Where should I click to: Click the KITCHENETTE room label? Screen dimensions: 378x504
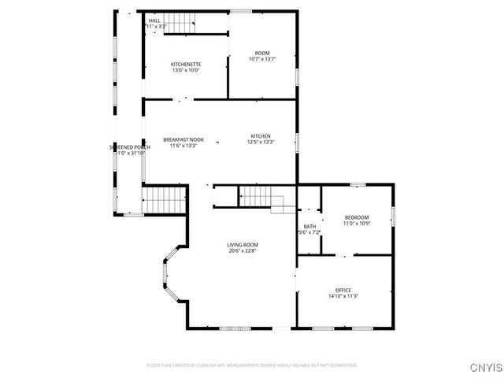click(186, 63)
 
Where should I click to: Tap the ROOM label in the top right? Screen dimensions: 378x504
click(261, 53)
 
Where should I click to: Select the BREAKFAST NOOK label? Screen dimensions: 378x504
click(183, 139)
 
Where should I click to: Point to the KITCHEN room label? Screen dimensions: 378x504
click(261, 135)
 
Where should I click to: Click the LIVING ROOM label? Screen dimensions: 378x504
click(243, 245)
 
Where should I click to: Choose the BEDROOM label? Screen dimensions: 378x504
click(356, 217)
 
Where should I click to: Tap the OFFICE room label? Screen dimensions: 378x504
click(343, 290)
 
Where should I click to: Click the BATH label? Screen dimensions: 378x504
click(309, 226)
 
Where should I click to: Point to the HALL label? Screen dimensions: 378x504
click(154, 20)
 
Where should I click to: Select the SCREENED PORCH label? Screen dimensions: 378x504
click(130, 146)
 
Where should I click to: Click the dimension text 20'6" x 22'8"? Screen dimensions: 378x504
click(243, 251)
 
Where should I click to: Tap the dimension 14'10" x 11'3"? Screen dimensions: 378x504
click(343, 296)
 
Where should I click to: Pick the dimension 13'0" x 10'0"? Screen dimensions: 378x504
click(186, 69)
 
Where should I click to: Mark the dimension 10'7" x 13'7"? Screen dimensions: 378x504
click(261, 59)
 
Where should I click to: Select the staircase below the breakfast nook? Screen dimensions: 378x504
click(163, 198)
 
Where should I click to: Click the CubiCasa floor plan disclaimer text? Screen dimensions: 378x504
click(252, 365)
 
